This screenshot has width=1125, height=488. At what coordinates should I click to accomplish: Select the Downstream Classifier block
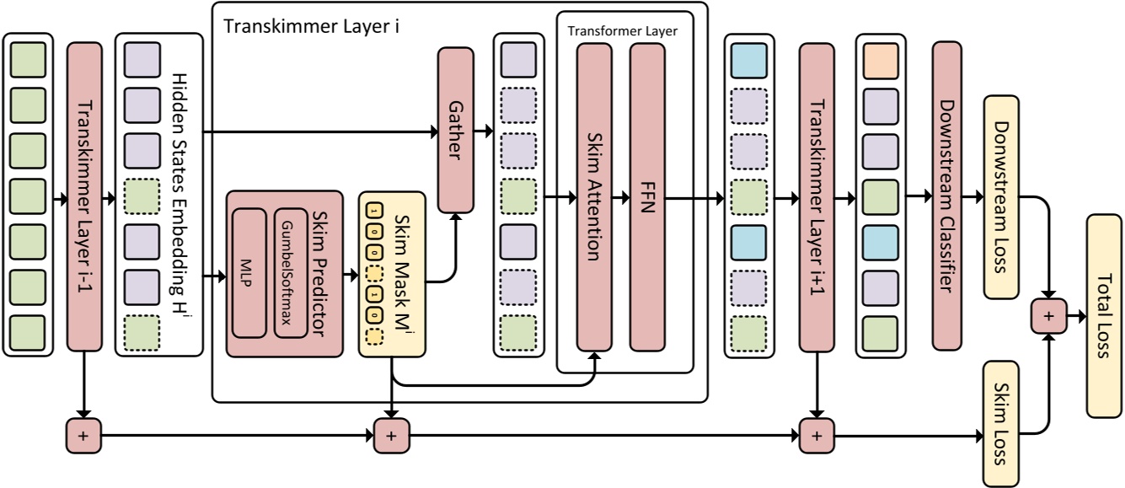[x=947, y=194]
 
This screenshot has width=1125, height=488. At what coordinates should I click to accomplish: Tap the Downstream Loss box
[x=1001, y=197]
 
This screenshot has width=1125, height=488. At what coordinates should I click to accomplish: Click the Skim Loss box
[x=1001, y=423]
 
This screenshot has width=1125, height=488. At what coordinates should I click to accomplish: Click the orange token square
[x=881, y=62]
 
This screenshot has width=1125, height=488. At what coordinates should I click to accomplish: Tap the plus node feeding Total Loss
[x=1049, y=316]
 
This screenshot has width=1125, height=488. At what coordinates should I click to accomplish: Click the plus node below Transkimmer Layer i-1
[x=83, y=436]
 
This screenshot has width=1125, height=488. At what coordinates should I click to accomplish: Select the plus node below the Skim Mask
[x=391, y=436]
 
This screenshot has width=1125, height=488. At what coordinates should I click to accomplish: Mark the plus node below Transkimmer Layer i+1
[x=815, y=436]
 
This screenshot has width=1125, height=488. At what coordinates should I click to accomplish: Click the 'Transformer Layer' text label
[x=622, y=31]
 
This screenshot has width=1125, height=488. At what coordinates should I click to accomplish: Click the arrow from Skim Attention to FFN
[x=620, y=198]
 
